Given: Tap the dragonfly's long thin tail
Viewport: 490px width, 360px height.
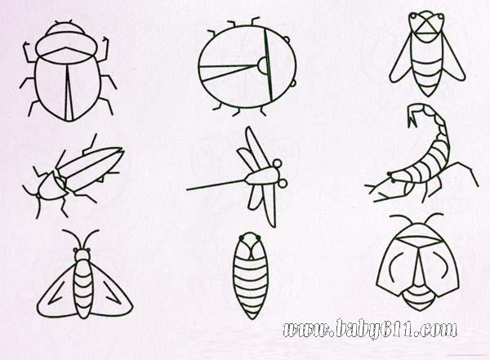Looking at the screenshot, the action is point(216,184).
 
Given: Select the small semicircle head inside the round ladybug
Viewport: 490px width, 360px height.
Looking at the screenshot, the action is point(262,66).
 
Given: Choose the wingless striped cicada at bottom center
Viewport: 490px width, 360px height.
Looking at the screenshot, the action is point(251,276).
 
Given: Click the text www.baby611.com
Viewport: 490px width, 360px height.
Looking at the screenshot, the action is point(370,329).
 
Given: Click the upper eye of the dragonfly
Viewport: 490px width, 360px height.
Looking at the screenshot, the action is point(278,163).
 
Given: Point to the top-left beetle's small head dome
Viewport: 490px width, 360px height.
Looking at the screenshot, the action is point(66,29).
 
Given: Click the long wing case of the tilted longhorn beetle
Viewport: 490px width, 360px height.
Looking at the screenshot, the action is point(91,166).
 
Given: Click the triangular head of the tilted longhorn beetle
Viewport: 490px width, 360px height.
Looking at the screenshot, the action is point(49,188).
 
